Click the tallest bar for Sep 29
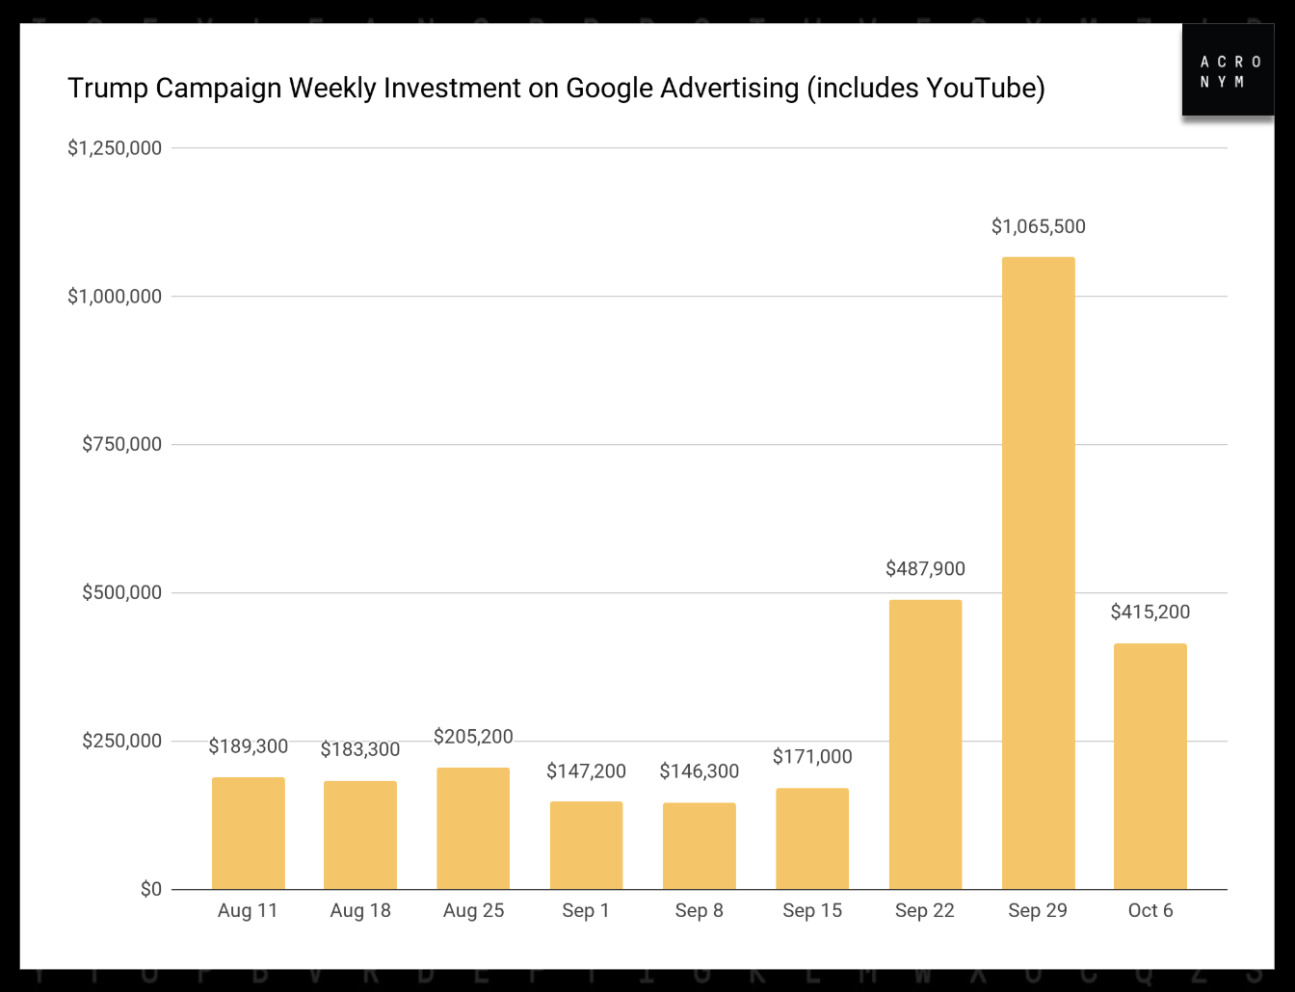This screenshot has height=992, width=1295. (x=1038, y=573)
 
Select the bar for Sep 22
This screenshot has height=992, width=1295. (x=925, y=744)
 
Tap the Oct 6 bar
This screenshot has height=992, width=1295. (x=1150, y=767)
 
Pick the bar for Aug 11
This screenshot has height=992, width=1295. (x=248, y=833)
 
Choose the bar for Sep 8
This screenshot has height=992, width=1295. (x=700, y=846)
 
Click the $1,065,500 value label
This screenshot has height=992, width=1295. (x=1038, y=226)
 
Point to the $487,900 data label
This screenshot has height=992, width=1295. (x=925, y=569)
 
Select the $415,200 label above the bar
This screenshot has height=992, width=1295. (x=1150, y=613)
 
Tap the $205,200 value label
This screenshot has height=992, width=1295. (x=473, y=737)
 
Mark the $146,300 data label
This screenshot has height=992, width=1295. (x=700, y=771)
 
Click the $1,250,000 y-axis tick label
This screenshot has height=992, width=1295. (x=115, y=148)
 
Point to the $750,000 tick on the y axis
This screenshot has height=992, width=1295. (x=121, y=444)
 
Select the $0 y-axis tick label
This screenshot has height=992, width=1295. (x=151, y=889)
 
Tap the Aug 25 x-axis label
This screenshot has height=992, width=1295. (x=473, y=911)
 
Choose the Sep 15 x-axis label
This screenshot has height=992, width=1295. (x=812, y=911)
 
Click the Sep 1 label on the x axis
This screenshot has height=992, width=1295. (x=586, y=911)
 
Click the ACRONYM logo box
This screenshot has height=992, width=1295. (x=1229, y=71)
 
